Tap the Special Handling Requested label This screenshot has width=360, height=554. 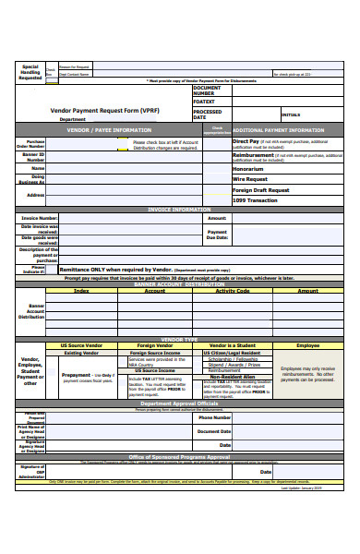tap(30, 72)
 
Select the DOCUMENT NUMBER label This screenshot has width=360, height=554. tap(208, 90)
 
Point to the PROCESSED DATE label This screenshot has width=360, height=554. tap(207, 115)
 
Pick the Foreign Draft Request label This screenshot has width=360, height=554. tap(262, 189)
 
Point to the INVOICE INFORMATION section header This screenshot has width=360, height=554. tap(179, 210)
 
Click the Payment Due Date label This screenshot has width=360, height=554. tap(217, 235)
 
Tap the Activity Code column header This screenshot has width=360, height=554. tap(233, 290)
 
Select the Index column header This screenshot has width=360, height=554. tap(81, 290)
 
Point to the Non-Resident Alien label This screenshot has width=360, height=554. tap(233, 377)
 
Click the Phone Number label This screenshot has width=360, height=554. tap(214, 417)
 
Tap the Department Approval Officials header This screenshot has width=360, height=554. tap(179, 403)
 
